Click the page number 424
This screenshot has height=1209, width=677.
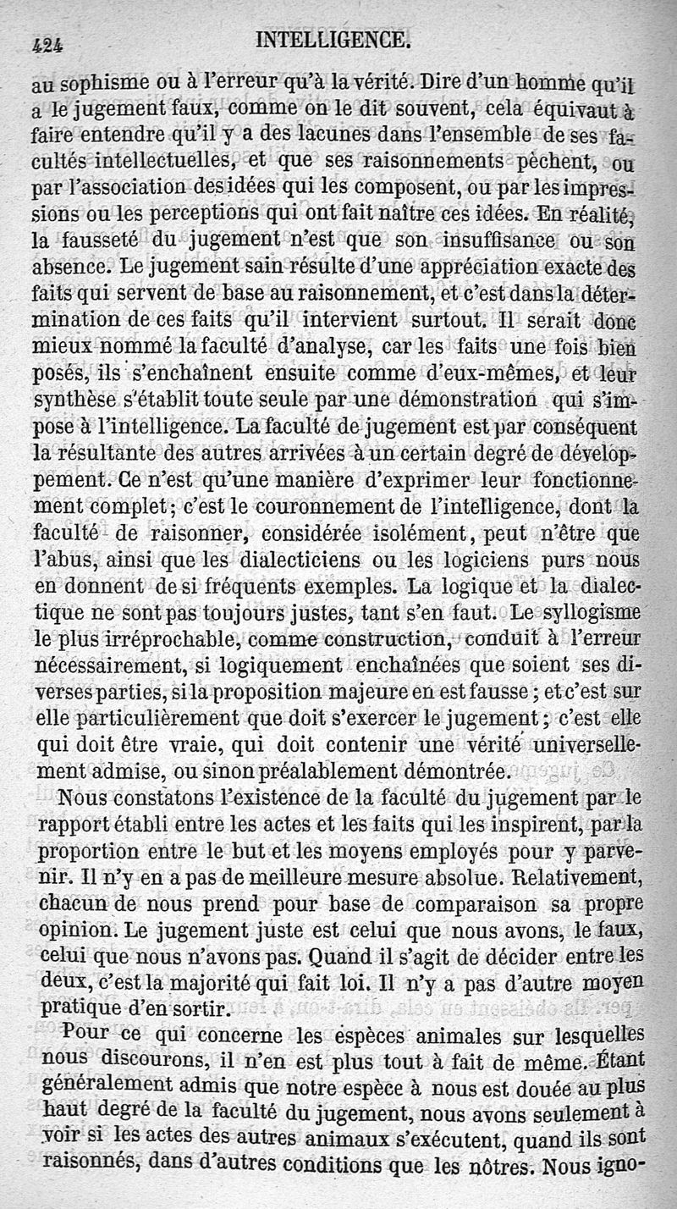tap(50, 43)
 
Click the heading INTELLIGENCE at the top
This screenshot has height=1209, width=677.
tap(332, 40)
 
